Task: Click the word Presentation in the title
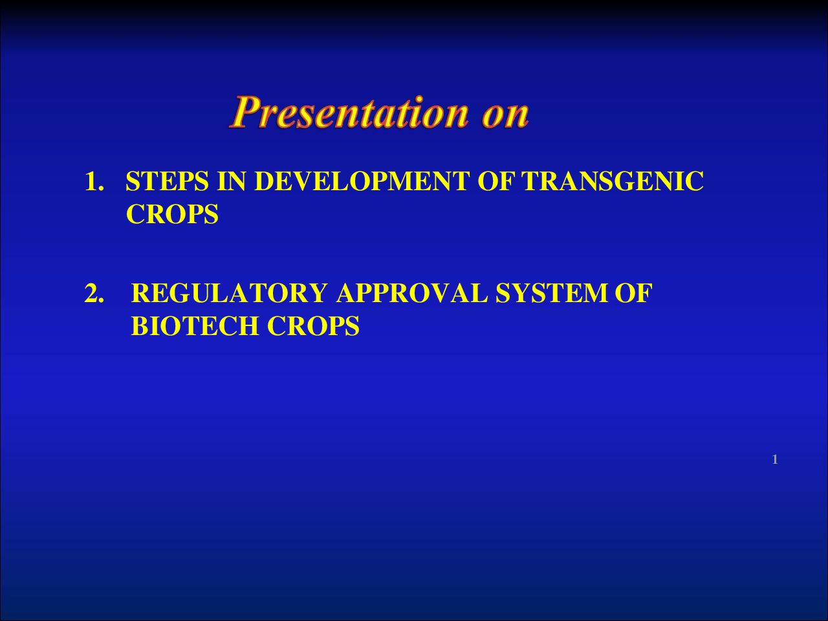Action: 349,112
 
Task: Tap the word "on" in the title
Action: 505,115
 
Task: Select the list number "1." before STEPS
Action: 94,181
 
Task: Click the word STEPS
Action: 167,181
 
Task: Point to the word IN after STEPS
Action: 232,181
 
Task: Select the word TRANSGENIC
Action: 613,181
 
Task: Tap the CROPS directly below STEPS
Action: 172,214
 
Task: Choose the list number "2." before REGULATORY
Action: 94,293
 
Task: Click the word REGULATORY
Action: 229,293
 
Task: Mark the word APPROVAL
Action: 412,293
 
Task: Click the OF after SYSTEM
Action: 634,293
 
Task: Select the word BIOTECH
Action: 195,326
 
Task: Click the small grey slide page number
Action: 775,460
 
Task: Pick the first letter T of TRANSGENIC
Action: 532,181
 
